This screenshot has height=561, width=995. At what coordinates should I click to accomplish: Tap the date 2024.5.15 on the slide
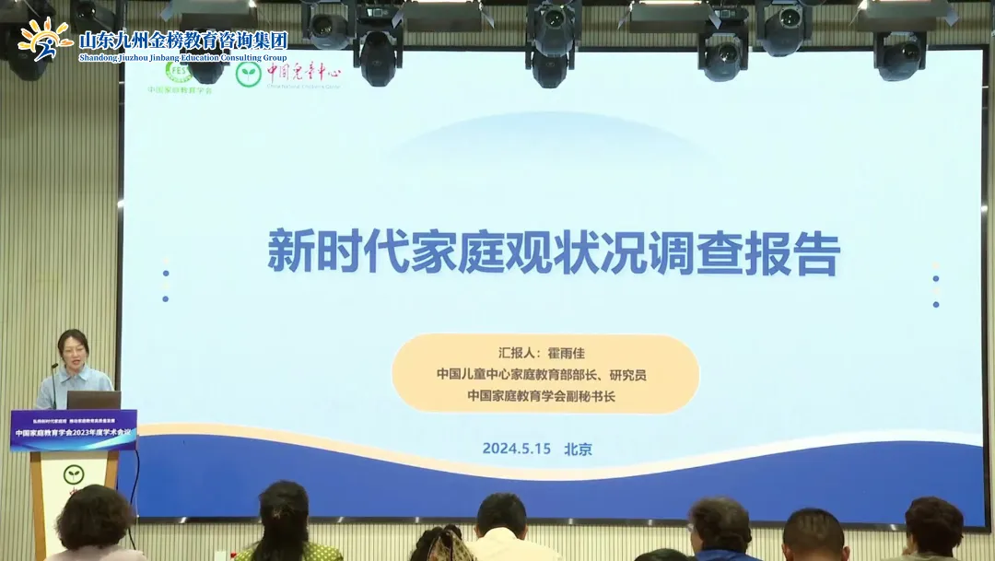pos(516,449)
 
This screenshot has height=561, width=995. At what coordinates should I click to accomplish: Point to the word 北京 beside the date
pos(578,449)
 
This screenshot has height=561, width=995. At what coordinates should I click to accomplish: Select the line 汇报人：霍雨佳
pos(542,352)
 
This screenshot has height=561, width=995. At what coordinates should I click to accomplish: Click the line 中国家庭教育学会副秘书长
pos(541,396)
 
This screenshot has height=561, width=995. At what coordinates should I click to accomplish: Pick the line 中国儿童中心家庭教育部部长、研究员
pos(541,374)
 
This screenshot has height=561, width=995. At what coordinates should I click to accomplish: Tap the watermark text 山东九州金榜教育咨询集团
pos(183,40)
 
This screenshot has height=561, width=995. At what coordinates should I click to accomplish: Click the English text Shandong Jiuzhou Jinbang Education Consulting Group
pos(183,57)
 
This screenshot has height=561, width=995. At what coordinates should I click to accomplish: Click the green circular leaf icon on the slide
pos(248,74)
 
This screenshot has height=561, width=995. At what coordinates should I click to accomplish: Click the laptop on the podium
pos(93,400)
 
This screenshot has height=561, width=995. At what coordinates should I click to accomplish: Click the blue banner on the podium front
pos(74,429)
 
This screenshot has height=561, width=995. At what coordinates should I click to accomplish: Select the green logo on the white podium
pos(74,475)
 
